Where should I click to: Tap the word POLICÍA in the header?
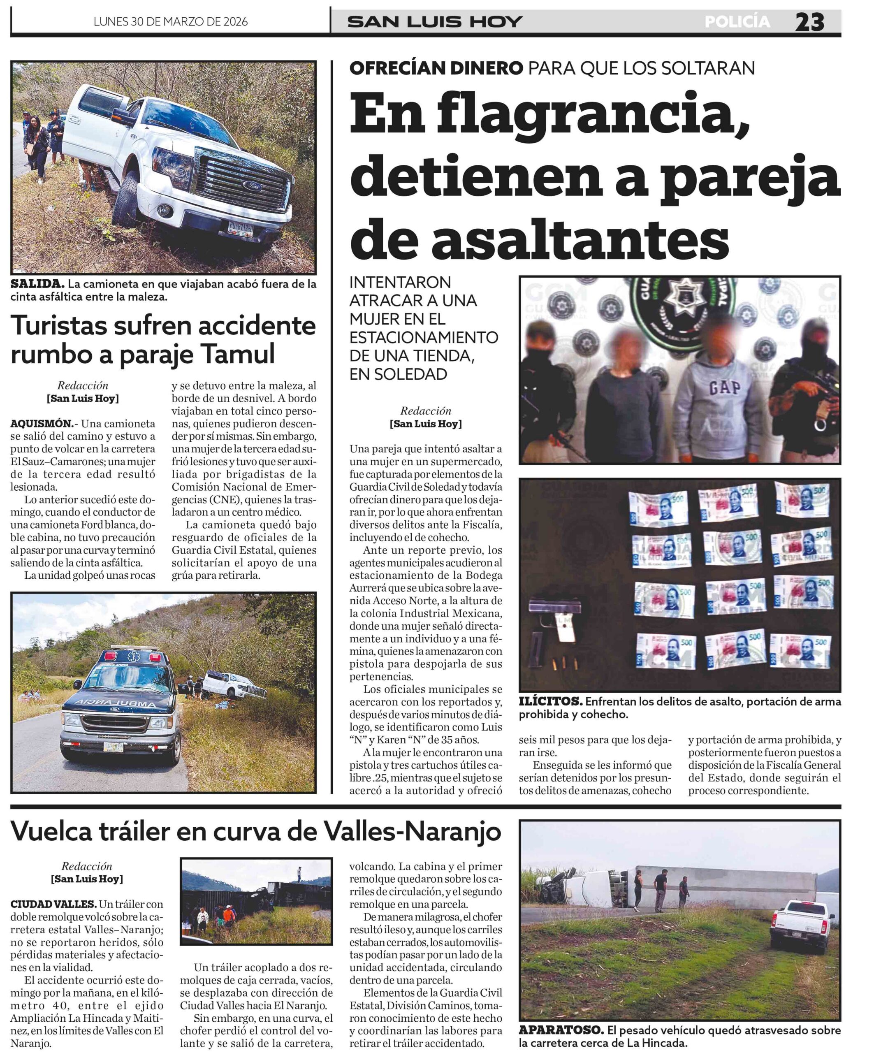click(x=737, y=21)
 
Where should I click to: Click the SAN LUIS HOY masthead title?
click(x=435, y=21)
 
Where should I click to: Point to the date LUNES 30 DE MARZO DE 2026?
click(x=171, y=21)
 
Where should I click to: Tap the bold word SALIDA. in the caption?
click(x=37, y=284)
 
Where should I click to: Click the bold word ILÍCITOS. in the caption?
click(x=550, y=701)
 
